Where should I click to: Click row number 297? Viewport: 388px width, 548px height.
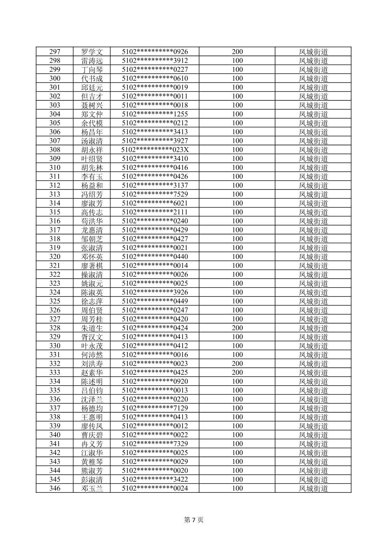point(55,52)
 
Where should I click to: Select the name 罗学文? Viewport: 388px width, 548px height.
point(92,52)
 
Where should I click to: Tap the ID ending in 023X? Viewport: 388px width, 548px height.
point(155,150)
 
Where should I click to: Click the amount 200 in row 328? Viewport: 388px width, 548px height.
point(237,328)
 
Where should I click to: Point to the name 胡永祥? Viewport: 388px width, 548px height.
point(92,150)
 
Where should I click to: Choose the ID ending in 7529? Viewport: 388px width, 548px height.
point(155,194)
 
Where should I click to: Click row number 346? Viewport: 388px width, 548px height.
point(55,488)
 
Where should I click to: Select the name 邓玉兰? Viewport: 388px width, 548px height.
point(92,488)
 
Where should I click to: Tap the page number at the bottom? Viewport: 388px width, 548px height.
point(194,520)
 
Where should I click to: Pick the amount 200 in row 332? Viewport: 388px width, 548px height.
point(237,363)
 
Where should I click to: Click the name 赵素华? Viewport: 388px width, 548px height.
point(92,372)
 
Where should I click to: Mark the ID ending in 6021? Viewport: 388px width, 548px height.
point(155,203)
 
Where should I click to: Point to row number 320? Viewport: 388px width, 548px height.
point(55,257)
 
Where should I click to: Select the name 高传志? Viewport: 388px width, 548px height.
point(92,212)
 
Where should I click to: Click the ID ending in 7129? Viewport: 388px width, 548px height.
point(155,408)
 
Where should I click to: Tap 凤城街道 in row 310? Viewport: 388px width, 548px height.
point(313,167)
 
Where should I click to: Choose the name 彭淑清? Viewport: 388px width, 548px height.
point(92,479)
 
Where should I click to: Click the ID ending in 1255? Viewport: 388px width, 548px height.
point(155,114)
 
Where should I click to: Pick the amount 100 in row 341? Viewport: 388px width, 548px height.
point(237,444)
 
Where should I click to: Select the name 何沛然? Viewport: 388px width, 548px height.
point(92,355)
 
